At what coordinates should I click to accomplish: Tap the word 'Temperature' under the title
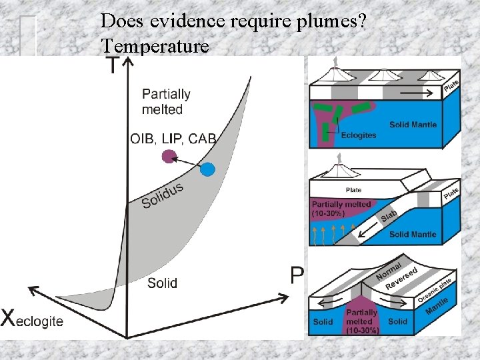[x=155, y=47]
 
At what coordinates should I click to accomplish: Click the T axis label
[x=113, y=65]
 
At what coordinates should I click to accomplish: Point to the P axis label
[x=298, y=274]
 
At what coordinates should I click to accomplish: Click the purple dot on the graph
[x=169, y=157]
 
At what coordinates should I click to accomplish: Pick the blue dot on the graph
[x=208, y=169]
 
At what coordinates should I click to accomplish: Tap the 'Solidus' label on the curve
[x=163, y=193]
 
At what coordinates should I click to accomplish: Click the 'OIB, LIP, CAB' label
[x=173, y=139]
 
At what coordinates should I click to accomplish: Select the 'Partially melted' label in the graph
[x=166, y=101]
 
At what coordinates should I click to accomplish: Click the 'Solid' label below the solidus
[x=162, y=283]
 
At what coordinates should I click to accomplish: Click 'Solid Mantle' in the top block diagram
[x=413, y=125]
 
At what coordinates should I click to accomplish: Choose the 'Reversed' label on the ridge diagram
[x=401, y=278]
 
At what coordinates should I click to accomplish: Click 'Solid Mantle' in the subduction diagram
[x=413, y=234]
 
